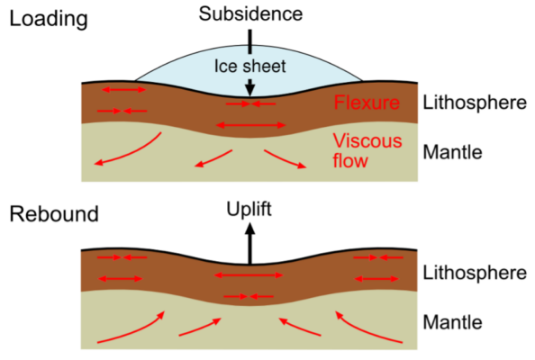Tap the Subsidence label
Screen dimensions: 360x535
tap(250, 13)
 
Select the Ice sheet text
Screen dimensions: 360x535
tap(249, 65)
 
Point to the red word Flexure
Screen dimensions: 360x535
tap(367, 103)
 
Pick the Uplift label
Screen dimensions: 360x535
tap(249, 210)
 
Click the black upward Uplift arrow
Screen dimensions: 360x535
tap(249, 243)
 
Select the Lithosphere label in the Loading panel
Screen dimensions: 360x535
tap(474, 103)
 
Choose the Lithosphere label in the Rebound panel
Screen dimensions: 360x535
tap(474, 272)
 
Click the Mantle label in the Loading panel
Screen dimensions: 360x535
tap(452, 151)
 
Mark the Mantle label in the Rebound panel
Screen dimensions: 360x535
tap(452, 321)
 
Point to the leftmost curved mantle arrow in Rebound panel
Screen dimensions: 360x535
tap(131, 329)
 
